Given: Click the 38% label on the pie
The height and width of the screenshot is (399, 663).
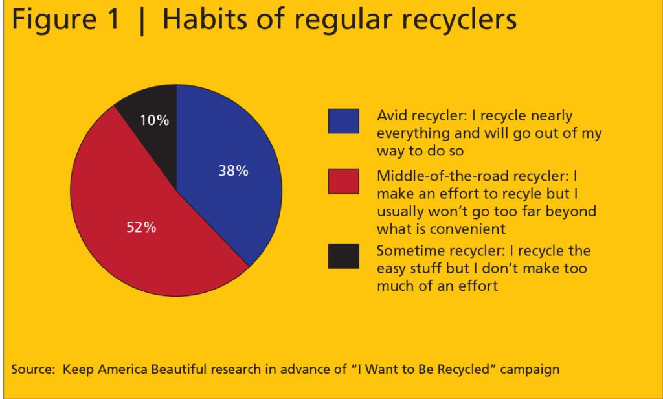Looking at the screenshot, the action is tap(233, 170).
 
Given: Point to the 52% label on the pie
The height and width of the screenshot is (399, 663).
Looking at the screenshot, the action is tap(141, 227).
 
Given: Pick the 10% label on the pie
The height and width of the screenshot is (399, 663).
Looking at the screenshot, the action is tap(154, 120).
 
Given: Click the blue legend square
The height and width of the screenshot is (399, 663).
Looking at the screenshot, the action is tap(344, 121).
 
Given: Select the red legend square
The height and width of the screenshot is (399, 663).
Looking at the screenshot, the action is tap(344, 181).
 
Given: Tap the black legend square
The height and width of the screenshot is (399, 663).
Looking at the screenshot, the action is tap(344, 256).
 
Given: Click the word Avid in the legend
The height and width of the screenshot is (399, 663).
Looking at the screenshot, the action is tap(392, 115).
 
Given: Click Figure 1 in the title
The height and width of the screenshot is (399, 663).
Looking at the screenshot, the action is tap(65, 19).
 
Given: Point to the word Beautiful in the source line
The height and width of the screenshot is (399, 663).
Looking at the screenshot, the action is tap(179, 369).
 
